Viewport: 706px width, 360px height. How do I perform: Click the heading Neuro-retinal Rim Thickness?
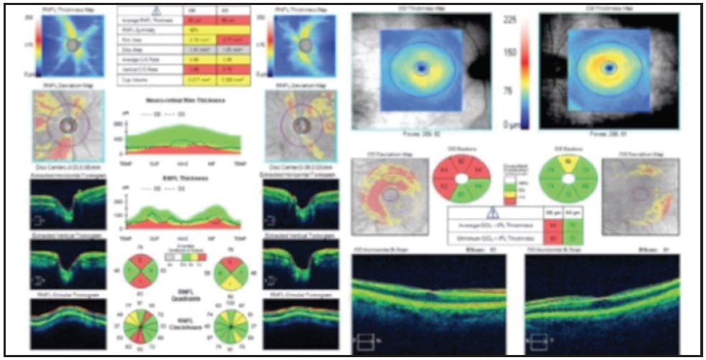point(182,101)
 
